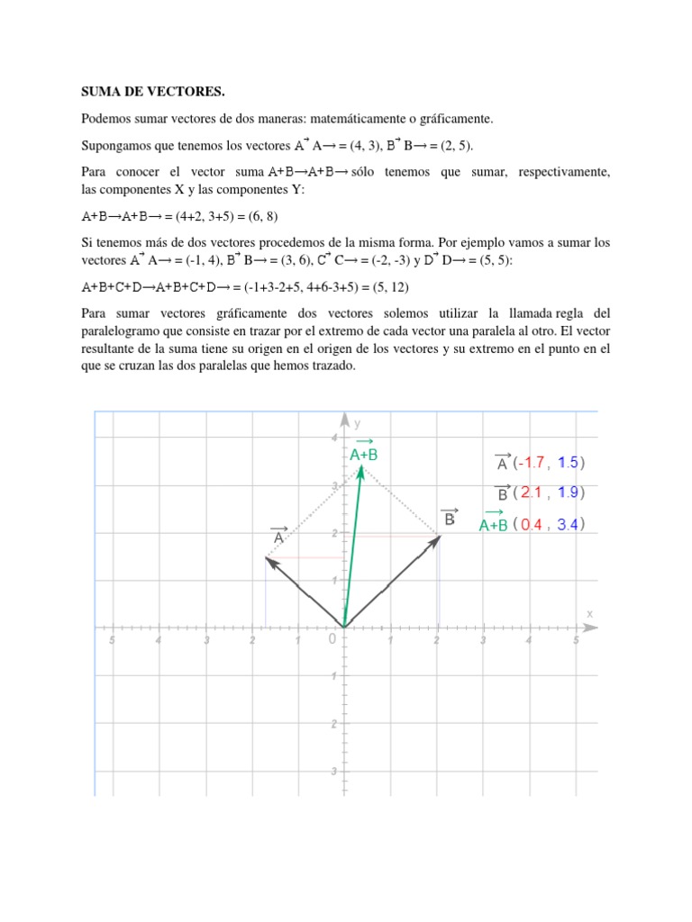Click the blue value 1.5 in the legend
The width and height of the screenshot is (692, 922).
[568, 464]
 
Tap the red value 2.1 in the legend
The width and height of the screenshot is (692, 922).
[533, 493]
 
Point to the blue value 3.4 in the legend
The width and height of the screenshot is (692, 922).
[568, 525]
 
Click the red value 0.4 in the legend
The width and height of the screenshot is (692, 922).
[533, 525]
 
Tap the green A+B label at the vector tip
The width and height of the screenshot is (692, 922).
[364, 454]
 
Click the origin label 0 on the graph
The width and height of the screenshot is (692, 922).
[332, 638]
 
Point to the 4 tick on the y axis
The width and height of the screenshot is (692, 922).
[333, 438]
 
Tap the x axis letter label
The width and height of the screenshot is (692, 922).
[590, 612]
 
